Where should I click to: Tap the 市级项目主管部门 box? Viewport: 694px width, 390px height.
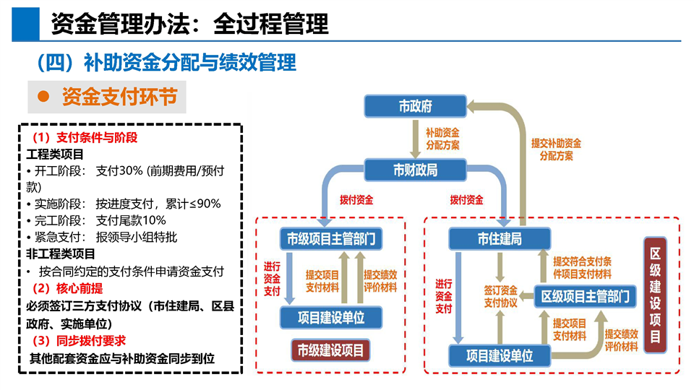pos(330,238)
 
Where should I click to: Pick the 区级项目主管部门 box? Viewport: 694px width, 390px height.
pos(585,295)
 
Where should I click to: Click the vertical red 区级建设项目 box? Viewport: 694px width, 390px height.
pos(655,295)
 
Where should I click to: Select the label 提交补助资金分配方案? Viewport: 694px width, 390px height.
pos(556,149)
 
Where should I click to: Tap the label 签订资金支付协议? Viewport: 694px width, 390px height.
pos(500,295)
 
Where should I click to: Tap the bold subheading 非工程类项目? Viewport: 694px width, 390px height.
pos(61,253)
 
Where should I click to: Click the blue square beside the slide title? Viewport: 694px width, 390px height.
pos(25,23)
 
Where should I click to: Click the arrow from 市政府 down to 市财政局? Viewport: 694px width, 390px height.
pos(415,139)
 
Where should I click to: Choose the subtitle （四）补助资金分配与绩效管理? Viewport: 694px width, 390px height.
pos(166,63)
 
